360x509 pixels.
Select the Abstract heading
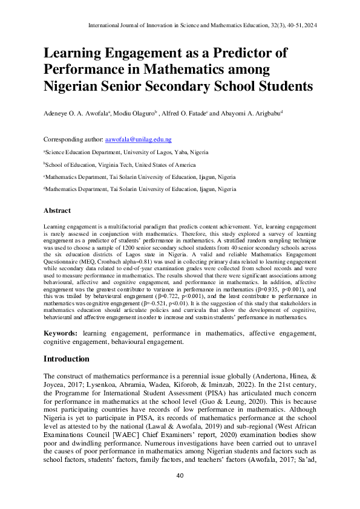[x=57, y=211]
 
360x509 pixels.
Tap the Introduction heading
[x=67, y=359]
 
